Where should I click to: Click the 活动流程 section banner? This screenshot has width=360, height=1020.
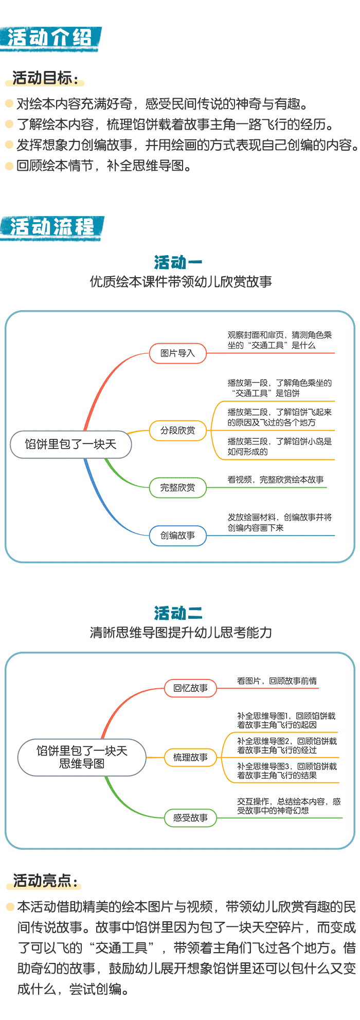pos(52,228)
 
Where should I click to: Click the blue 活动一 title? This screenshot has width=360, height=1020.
pos(178,262)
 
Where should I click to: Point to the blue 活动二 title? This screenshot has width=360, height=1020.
pos(178,613)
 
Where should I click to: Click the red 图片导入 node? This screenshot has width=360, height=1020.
pos(177,353)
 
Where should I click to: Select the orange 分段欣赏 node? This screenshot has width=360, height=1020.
pos(177,431)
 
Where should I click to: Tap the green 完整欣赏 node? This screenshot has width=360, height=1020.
pos(177,488)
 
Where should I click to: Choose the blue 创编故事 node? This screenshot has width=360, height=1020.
pos(177,535)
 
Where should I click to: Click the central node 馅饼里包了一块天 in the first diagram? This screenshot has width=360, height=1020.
pos(71,444)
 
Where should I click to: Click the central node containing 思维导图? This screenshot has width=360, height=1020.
pos(82,757)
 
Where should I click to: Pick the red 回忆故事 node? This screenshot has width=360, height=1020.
pos(190,688)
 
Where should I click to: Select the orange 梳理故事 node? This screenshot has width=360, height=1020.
pos(190,758)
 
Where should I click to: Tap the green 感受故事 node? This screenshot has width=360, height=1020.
pos(190,818)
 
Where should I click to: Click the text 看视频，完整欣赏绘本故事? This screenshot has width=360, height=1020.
pos(276,479)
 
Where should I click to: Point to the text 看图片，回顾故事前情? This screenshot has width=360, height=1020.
pos(277,681)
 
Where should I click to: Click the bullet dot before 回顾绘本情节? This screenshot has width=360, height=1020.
pos(9,166)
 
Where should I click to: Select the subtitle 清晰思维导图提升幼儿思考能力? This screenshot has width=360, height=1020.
pos(181,633)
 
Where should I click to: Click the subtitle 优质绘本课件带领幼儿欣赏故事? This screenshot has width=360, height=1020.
pos(181,282)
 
